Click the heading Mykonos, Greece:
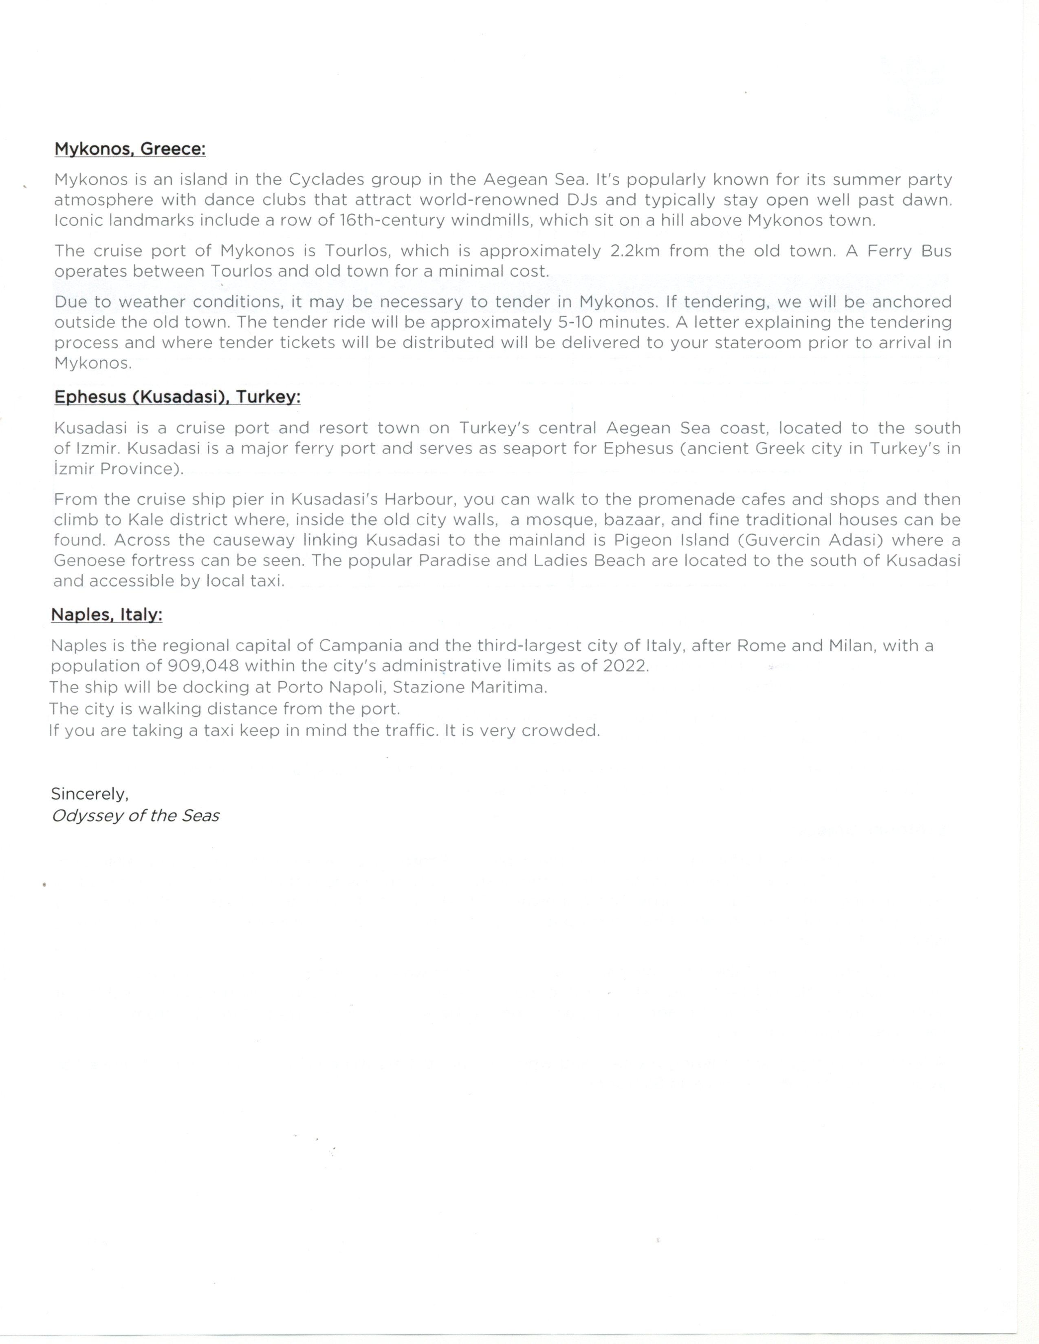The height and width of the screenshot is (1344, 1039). point(130,149)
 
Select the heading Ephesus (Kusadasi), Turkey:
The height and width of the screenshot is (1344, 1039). point(177,397)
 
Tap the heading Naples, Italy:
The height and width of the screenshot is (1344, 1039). point(106,615)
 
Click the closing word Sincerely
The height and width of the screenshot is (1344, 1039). point(89,794)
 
